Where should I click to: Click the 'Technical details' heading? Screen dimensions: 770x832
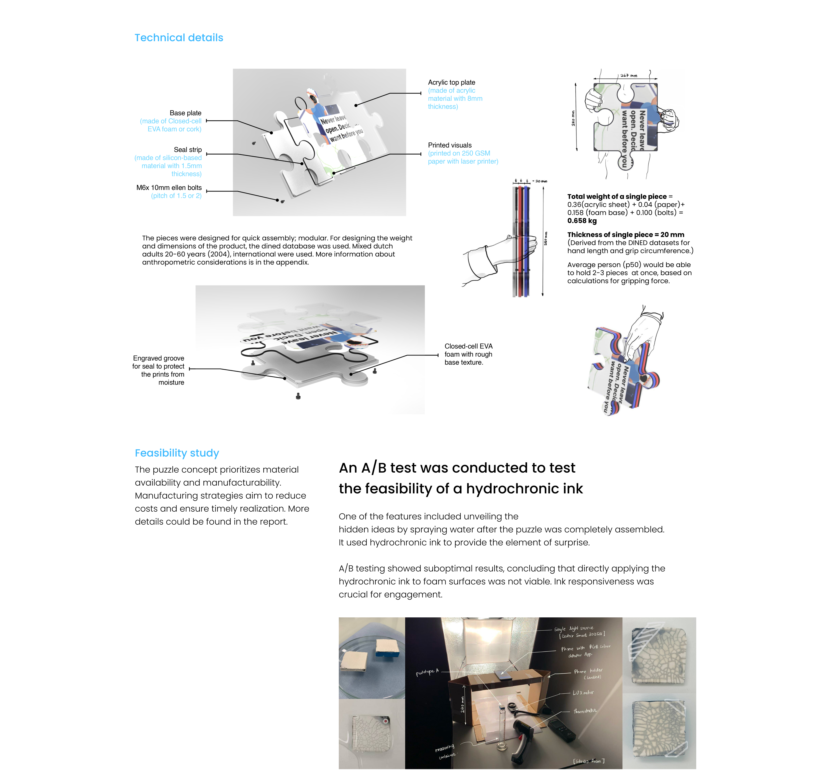pyautogui.click(x=179, y=38)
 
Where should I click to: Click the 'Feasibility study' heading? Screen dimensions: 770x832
pyautogui.click(x=177, y=453)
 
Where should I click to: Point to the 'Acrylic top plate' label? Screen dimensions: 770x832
pyautogui.click(x=451, y=83)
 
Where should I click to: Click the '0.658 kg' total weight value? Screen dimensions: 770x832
pyautogui.click(x=582, y=221)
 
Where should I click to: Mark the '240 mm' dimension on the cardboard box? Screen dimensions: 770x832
pyautogui.click(x=462, y=704)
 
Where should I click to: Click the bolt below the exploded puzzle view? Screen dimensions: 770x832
pyautogui.click(x=298, y=396)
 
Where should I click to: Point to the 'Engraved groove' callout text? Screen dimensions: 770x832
pyautogui.click(x=158, y=358)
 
